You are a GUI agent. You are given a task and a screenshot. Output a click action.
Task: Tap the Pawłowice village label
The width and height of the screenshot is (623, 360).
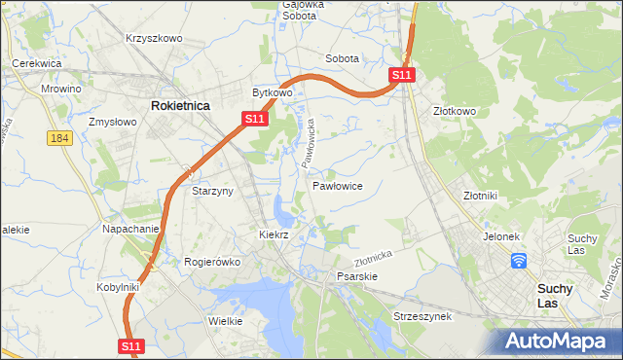[x=338, y=185]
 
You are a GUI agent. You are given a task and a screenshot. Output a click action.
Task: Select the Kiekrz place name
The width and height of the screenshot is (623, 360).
[x=275, y=234]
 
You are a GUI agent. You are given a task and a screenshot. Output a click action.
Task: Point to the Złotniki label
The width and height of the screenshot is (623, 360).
[x=480, y=195]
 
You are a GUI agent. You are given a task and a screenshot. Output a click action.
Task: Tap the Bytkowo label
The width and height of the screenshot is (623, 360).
[x=273, y=92]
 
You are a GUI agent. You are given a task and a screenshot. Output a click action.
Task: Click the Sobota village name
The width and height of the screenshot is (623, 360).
[x=342, y=58]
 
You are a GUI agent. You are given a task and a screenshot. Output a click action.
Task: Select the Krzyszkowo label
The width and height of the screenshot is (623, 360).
[x=154, y=38]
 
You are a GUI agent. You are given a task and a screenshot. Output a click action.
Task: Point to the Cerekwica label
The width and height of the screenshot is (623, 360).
[x=37, y=63]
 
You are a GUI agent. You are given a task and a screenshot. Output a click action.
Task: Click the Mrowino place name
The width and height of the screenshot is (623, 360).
[x=60, y=88]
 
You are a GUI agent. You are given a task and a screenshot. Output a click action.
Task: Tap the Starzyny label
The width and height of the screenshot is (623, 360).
[x=212, y=192]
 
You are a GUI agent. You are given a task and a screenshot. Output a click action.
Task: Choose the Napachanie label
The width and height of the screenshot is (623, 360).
[x=130, y=229]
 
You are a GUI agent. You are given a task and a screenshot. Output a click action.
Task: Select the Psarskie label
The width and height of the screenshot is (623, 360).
[x=356, y=276]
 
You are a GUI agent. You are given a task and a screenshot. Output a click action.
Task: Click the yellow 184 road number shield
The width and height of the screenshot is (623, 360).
[x=58, y=138]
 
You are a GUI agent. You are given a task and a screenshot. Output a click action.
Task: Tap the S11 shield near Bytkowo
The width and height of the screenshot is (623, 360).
[x=254, y=119]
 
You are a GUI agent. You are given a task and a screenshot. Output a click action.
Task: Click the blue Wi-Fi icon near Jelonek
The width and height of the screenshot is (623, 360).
[x=519, y=260]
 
